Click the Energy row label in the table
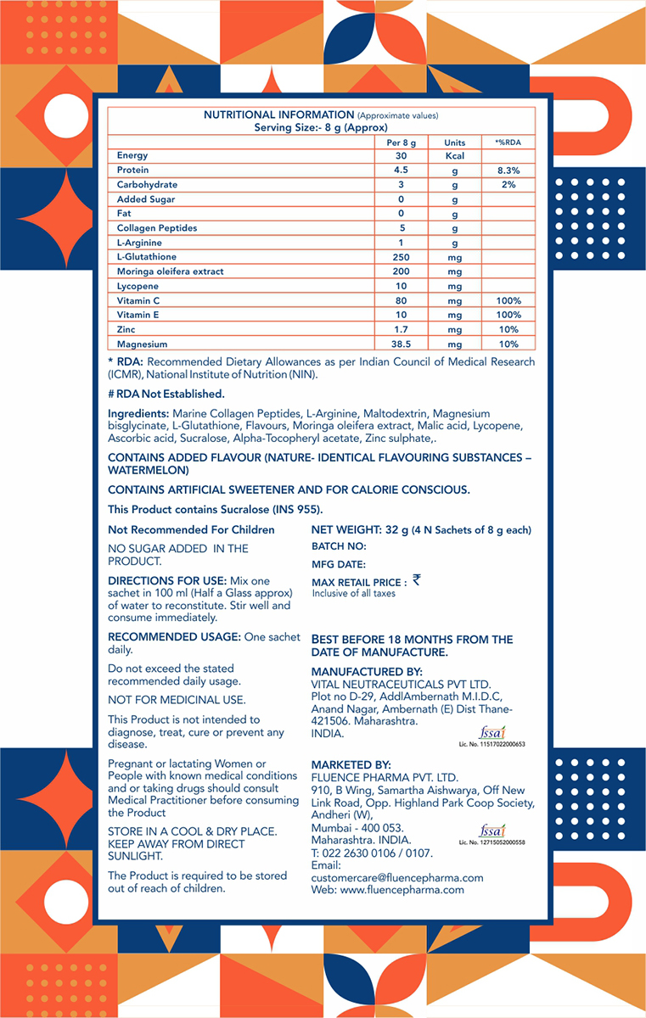(132, 156)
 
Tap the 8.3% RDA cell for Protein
(508, 171)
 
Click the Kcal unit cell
(454, 156)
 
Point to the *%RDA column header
(508, 143)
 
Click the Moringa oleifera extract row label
(171, 271)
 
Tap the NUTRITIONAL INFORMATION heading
(278, 115)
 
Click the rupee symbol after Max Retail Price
(416, 580)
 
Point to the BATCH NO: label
(339, 547)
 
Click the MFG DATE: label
(339, 564)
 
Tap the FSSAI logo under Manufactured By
(492, 732)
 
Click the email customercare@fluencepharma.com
(397, 878)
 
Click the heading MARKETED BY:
(351, 765)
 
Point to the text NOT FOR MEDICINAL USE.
(177, 700)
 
